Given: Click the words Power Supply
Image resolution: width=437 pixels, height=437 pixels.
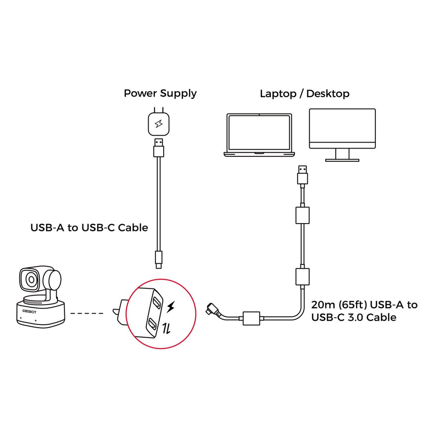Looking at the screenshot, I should (x=160, y=93).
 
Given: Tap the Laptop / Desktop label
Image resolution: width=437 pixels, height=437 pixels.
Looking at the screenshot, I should (x=305, y=93).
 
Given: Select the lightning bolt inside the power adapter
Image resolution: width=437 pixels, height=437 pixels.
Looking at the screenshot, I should (x=158, y=124).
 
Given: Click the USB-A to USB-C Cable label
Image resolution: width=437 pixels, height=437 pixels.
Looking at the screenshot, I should (x=89, y=227).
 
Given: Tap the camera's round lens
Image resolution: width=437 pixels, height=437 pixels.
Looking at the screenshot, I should (x=31, y=279).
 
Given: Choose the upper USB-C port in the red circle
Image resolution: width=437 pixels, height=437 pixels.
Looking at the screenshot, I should (x=157, y=302).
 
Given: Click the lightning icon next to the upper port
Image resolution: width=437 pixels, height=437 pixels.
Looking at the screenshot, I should (x=171, y=306).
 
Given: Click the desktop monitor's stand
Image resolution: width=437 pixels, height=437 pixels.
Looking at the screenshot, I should (x=342, y=155).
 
